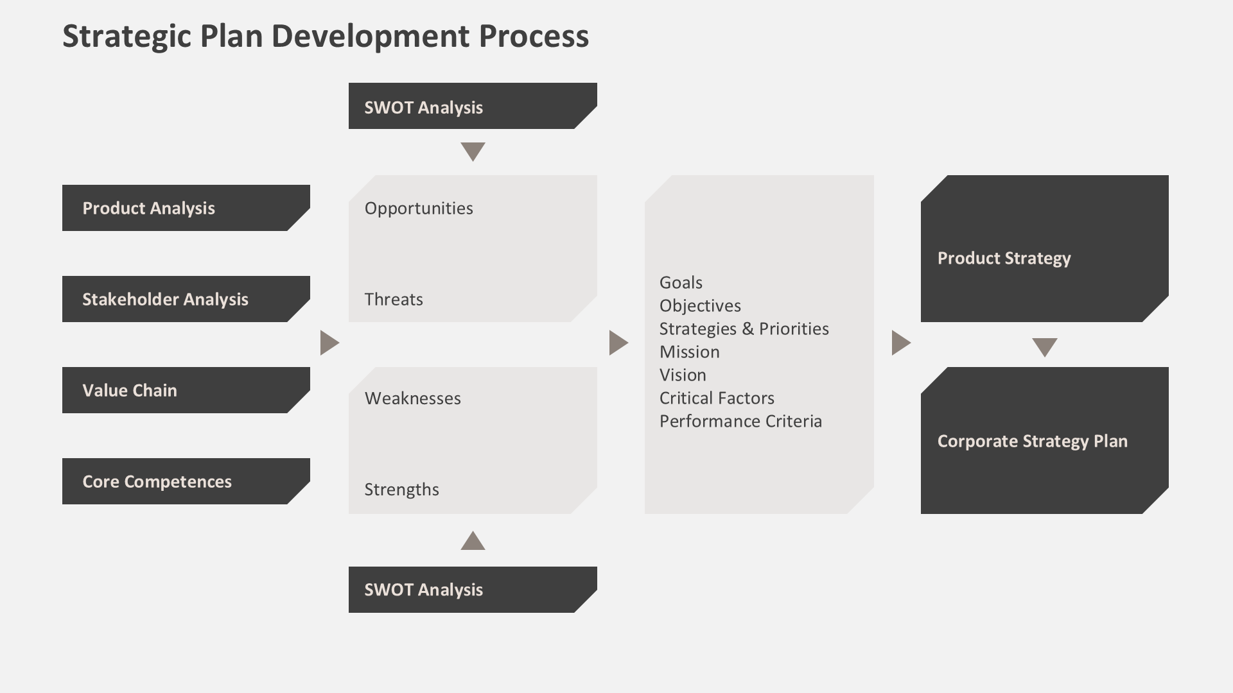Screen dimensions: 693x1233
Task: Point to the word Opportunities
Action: click(419, 209)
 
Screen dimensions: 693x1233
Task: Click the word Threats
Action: click(394, 300)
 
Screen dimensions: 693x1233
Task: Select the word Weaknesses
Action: click(413, 398)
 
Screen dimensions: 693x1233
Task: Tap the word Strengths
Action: click(402, 490)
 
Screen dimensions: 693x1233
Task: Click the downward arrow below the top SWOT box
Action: click(473, 151)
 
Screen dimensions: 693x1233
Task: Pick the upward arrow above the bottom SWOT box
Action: click(473, 542)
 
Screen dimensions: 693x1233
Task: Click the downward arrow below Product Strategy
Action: click(1044, 346)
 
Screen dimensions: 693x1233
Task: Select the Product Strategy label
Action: click(1004, 259)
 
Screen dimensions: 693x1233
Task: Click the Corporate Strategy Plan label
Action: click(1032, 441)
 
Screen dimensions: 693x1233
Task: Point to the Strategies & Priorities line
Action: click(744, 329)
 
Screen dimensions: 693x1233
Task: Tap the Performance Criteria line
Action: click(740, 422)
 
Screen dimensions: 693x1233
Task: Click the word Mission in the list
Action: click(689, 352)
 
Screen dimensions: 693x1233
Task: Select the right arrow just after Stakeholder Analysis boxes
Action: click(329, 343)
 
